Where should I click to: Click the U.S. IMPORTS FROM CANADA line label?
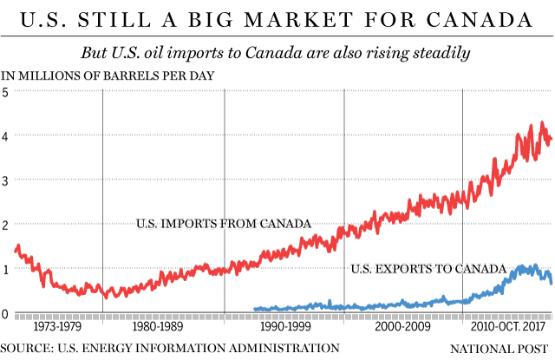click(224, 224)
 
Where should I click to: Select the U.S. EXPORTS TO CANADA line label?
click(428, 270)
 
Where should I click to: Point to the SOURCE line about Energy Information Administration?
click(170, 349)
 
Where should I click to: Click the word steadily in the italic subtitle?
click(440, 53)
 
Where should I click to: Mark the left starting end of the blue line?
click(254, 309)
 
